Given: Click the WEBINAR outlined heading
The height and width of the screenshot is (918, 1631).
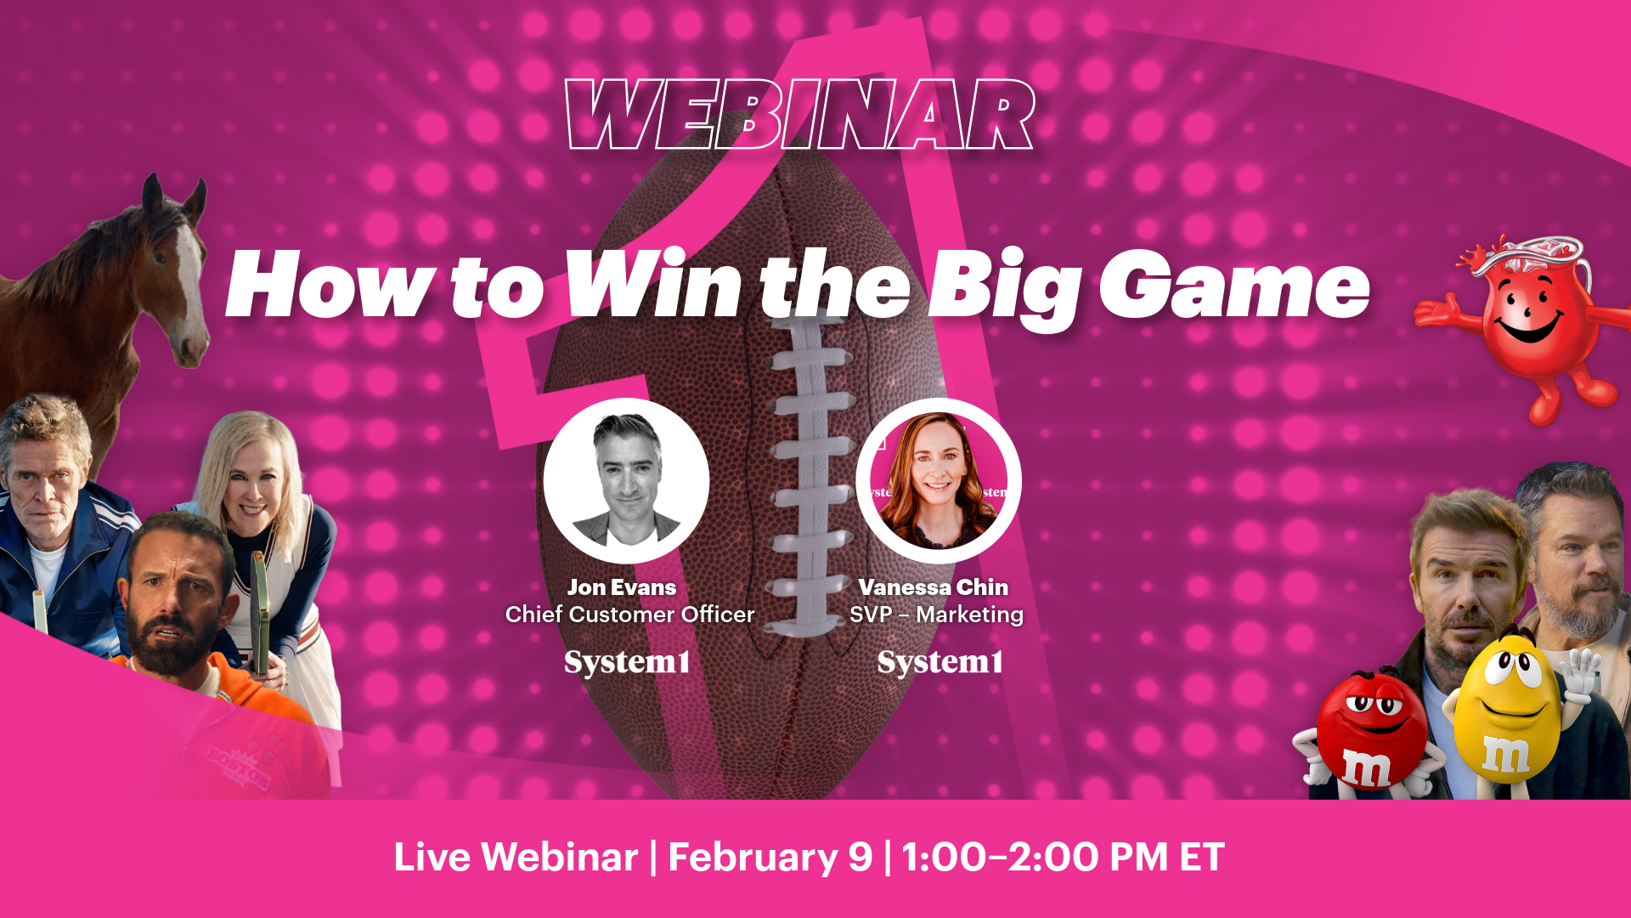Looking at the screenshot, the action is tap(799, 115).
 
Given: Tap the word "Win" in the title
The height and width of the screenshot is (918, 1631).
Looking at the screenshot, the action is tap(653, 286).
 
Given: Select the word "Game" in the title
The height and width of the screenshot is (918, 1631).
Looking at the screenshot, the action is tap(1234, 286).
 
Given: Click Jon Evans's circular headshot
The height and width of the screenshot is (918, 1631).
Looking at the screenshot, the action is tap(626, 480).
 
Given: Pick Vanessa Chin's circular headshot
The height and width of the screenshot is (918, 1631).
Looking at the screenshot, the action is tap(938, 480).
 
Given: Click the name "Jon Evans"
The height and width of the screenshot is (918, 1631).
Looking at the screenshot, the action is tap(622, 587).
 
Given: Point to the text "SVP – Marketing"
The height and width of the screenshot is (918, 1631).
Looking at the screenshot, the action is tap(936, 615).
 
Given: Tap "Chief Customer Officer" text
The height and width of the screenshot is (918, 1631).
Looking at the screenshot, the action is tap(629, 615).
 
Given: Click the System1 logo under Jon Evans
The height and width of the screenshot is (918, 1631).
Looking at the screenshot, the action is tap(627, 662).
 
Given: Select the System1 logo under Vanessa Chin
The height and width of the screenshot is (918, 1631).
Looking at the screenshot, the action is tap(940, 662).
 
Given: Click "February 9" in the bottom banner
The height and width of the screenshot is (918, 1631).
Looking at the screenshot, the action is tap(770, 857).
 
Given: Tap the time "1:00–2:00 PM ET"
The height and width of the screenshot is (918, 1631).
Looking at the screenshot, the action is tap(1063, 857).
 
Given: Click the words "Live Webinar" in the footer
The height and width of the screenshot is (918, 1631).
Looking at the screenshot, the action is tap(516, 857).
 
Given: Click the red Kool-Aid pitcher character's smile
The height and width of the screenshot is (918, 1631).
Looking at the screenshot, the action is tap(1529, 327).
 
